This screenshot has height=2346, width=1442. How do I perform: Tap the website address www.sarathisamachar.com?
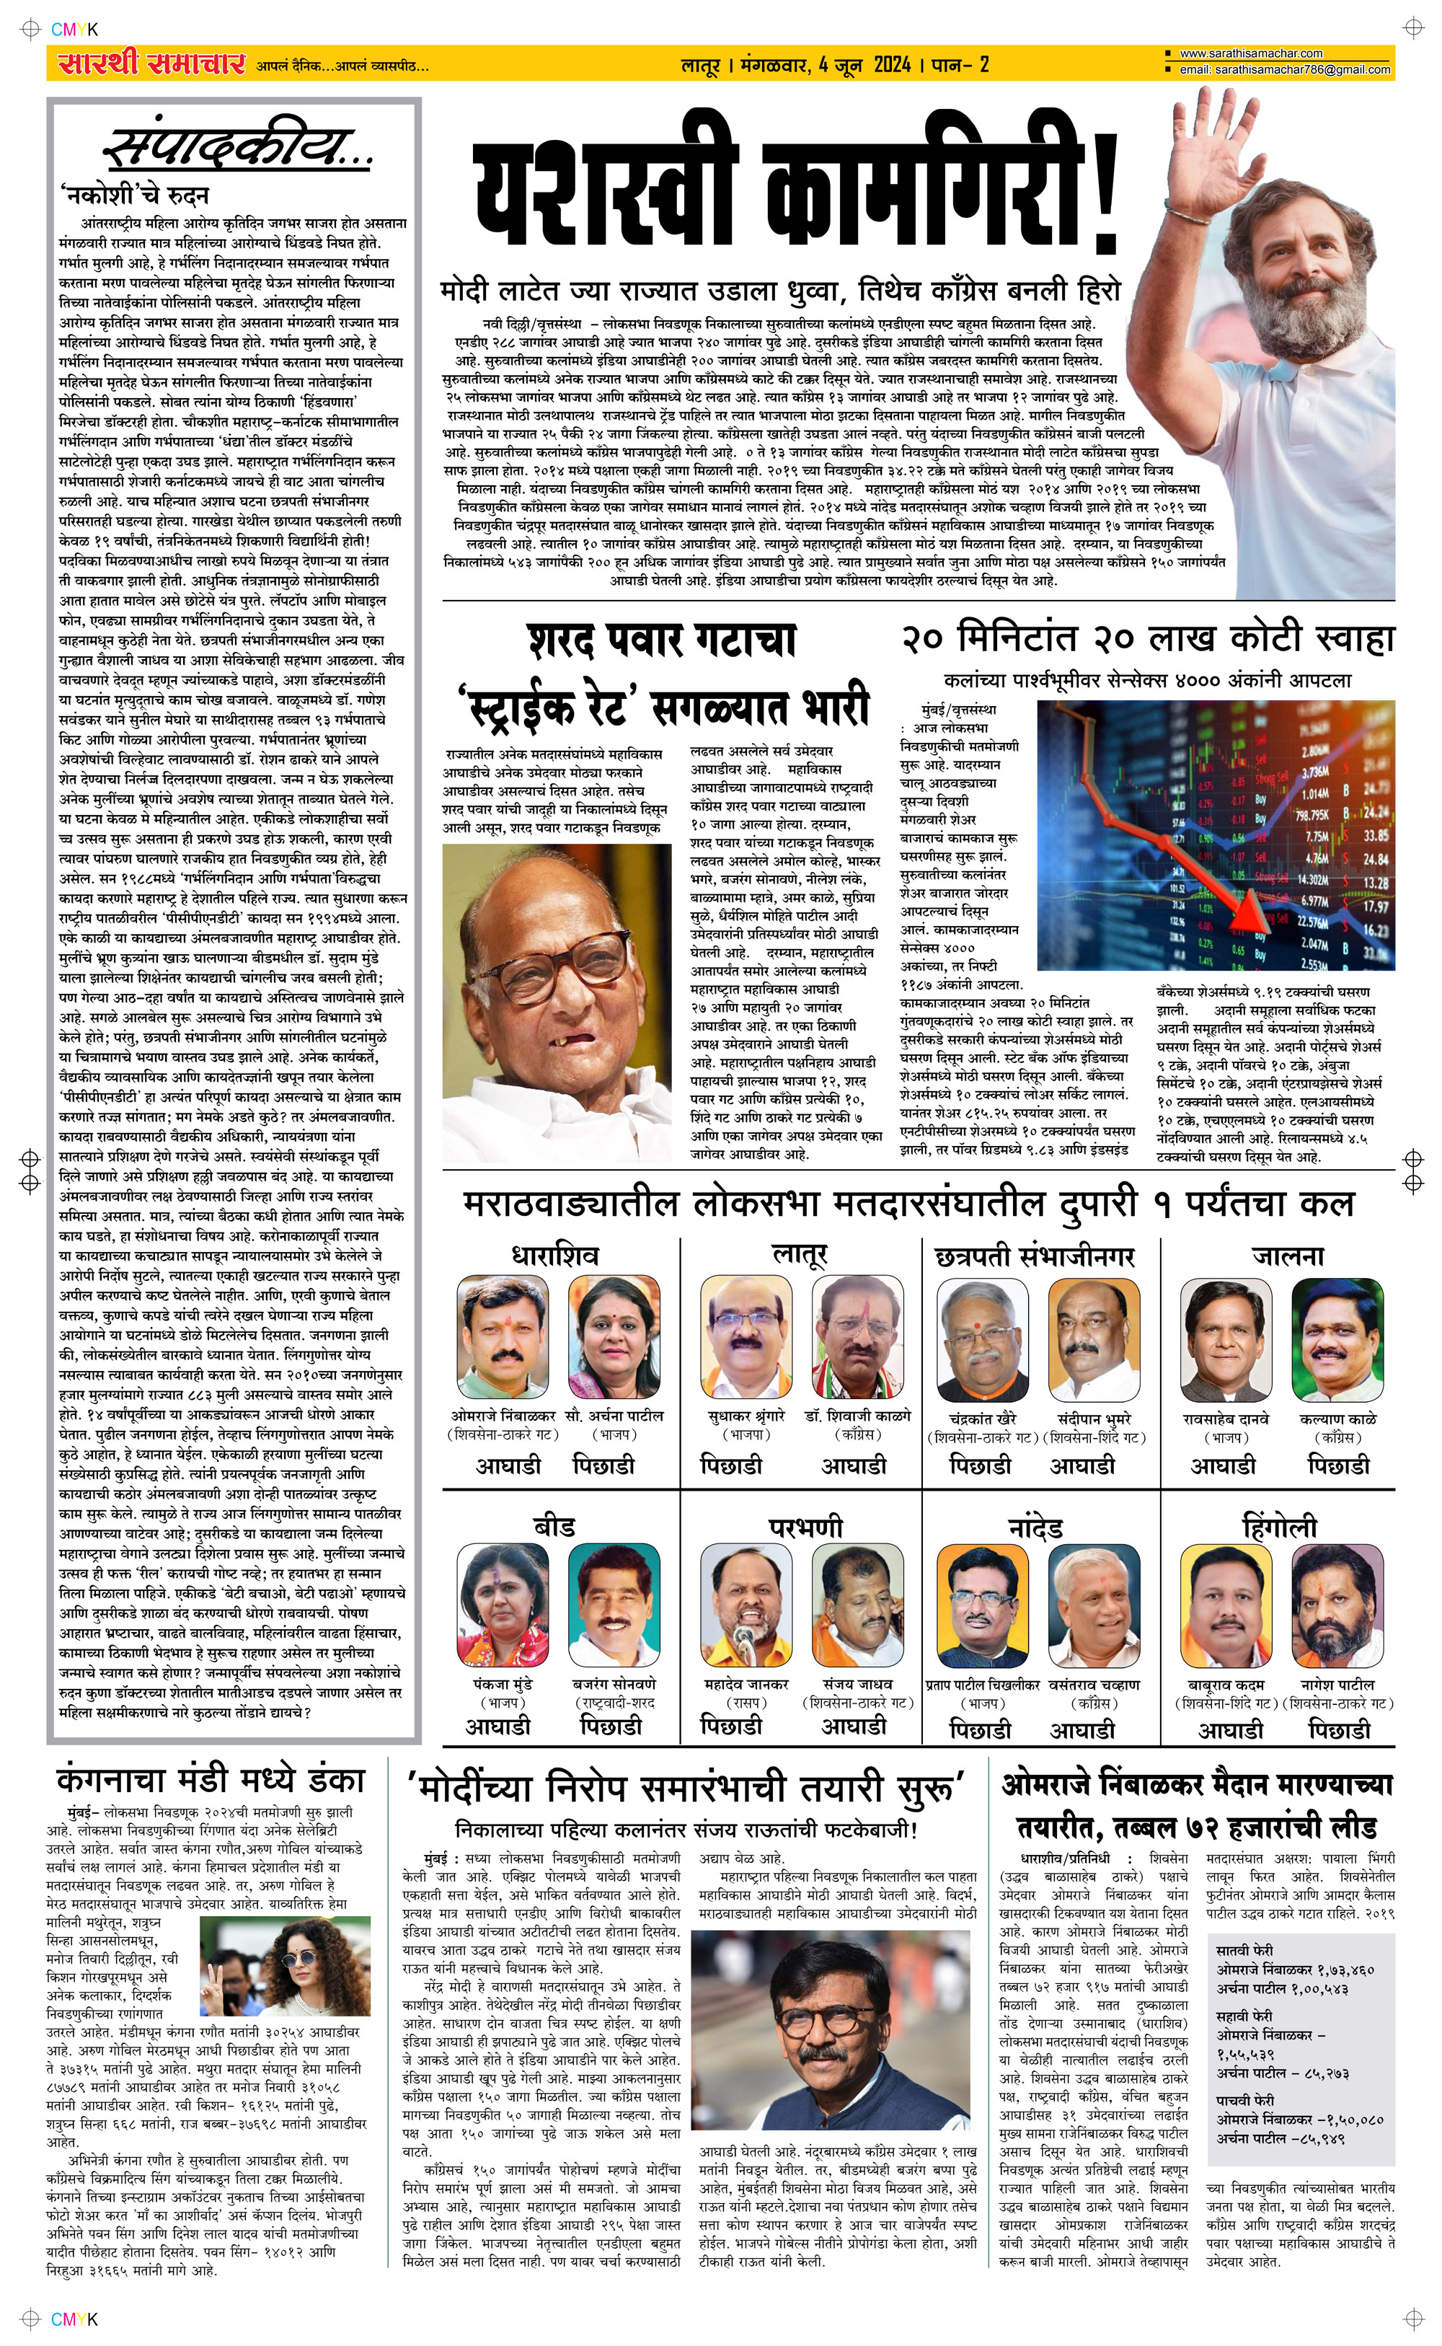pos(1250,53)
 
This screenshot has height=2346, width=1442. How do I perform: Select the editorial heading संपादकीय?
pos(236,149)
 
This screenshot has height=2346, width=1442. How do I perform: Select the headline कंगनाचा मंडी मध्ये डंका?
pos(210,1781)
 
